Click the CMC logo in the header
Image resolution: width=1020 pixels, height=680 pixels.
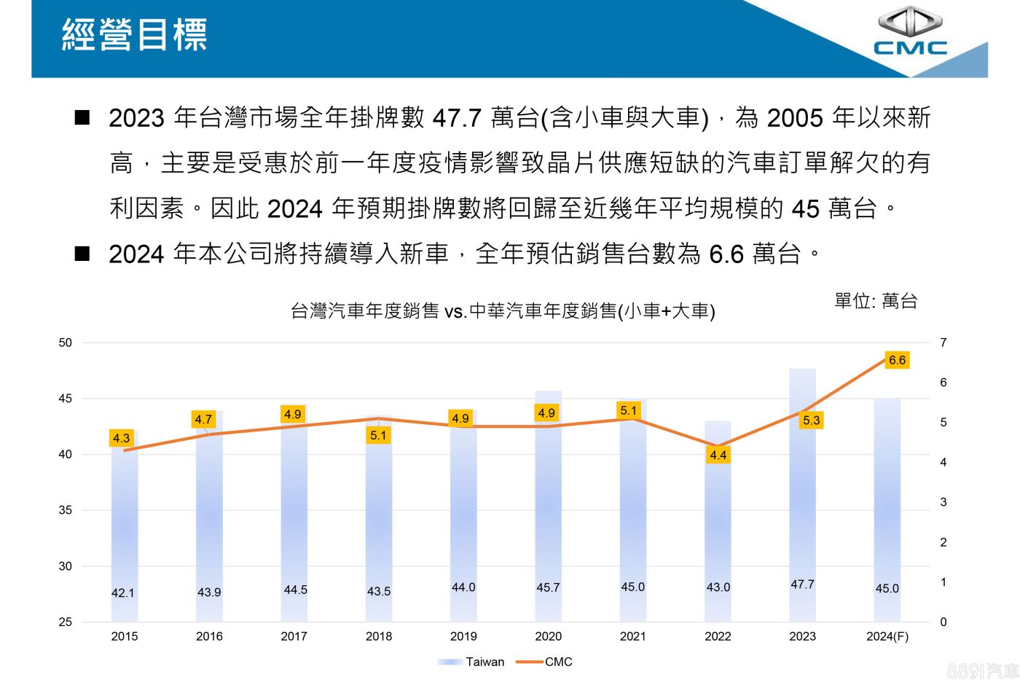coord(910,32)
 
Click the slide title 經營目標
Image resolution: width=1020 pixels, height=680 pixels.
coord(135,35)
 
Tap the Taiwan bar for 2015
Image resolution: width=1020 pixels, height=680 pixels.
coord(125,525)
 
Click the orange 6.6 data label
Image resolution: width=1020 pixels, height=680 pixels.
coord(897,360)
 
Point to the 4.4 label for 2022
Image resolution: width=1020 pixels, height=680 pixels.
coord(718,455)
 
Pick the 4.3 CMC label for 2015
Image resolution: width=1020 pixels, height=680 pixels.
coord(121,438)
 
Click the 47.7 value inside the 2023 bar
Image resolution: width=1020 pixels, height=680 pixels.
coord(802,585)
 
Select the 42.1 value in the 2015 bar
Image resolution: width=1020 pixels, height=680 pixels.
coord(123,593)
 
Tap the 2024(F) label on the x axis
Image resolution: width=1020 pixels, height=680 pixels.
coord(887,636)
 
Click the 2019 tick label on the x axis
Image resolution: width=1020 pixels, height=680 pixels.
coord(463,636)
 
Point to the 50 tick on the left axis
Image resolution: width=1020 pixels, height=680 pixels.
coord(66,343)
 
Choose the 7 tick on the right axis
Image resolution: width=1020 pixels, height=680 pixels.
coord(943,343)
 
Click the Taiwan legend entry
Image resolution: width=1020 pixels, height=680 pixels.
coord(484,662)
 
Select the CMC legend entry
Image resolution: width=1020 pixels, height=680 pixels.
coord(558,662)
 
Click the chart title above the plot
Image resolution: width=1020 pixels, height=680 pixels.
coord(503,311)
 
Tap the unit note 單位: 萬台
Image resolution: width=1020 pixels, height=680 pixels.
coord(876,301)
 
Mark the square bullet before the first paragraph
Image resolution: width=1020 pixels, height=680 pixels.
coord(82,117)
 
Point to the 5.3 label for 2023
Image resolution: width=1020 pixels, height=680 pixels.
coord(811,420)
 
